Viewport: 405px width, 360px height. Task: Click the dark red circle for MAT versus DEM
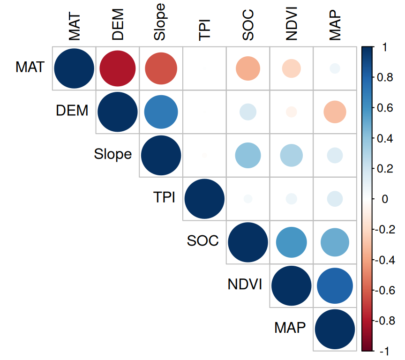[117, 68]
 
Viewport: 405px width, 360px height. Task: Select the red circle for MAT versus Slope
[161, 68]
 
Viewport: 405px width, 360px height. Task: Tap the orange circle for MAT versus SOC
[247, 68]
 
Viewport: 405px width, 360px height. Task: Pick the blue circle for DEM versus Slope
[161, 112]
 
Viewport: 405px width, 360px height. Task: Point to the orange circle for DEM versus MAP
[335, 112]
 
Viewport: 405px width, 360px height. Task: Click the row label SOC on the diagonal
[202, 241]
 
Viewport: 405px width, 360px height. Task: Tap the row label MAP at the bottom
[290, 328]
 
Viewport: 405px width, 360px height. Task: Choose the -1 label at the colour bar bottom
[382, 351]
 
